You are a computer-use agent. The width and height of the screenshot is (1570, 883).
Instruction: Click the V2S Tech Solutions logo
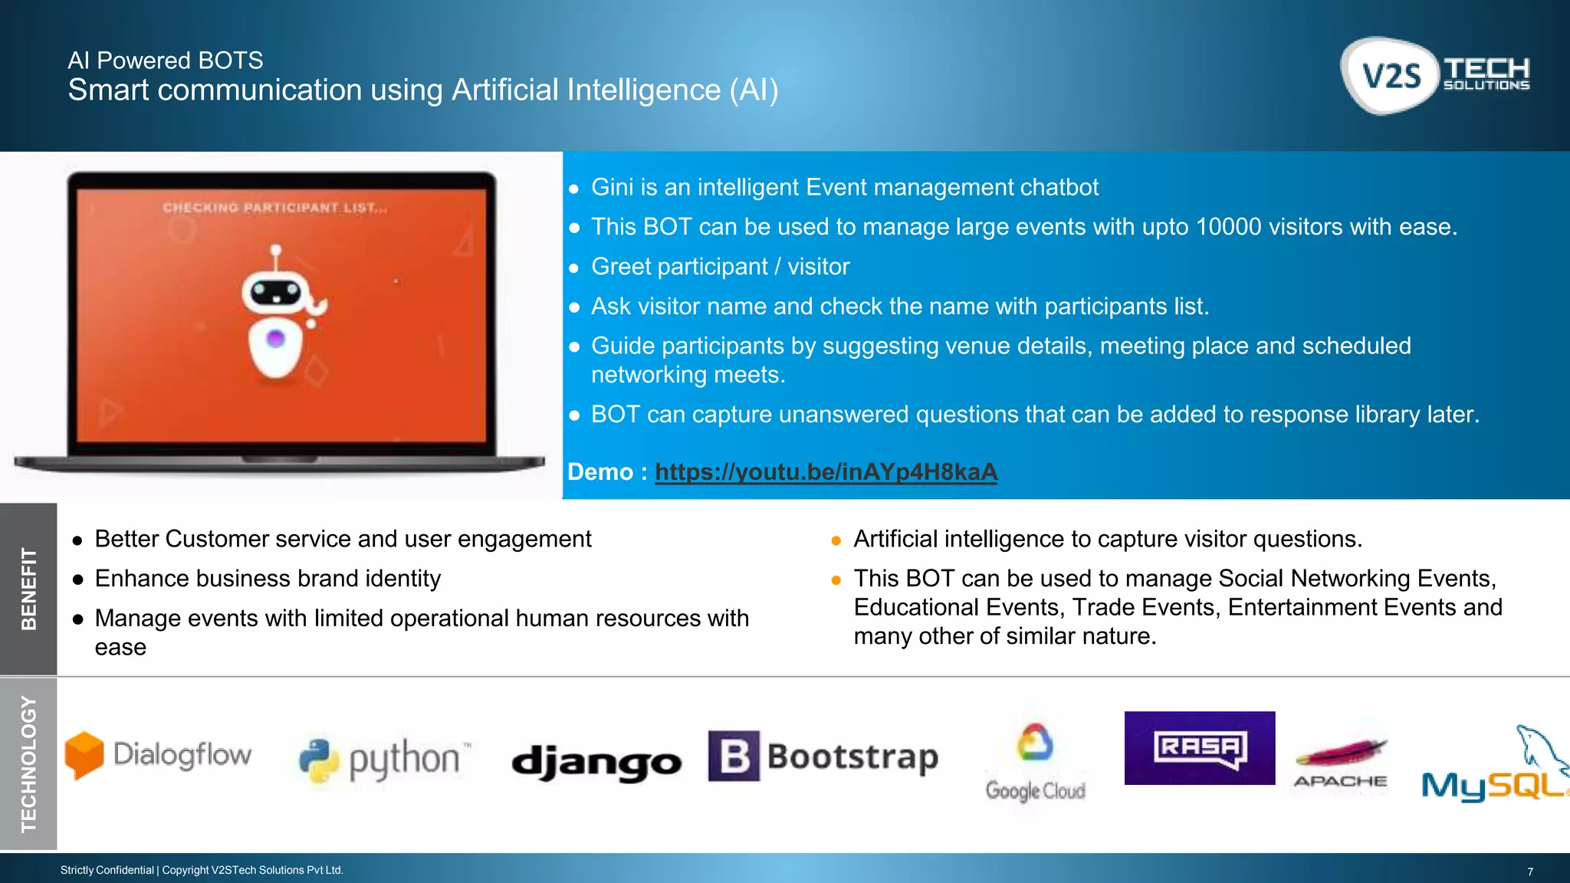pyautogui.click(x=1435, y=75)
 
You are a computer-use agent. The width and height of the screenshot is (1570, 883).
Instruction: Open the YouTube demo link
pyautogui.click(x=826, y=472)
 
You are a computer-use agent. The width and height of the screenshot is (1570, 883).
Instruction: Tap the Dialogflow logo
pyautogui.click(x=159, y=755)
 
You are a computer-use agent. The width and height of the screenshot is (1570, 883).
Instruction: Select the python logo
pyautogui.click(x=383, y=760)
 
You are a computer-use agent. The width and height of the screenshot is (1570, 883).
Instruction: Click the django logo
pyautogui.click(x=596, y=762)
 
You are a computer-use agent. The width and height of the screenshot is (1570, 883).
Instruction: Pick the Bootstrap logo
pyautogui.click(x=823, y=757)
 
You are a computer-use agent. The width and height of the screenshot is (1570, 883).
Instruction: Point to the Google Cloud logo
pyautogui.click(x=1035, y=763)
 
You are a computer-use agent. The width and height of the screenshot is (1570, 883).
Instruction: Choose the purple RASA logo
pyautogui.click(x=1199, y=747)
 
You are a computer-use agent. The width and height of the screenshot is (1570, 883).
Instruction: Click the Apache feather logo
pyautogui.click(x=1341, y=763)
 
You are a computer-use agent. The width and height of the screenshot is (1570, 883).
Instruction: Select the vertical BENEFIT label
pyautogui.click(x=28, y=589)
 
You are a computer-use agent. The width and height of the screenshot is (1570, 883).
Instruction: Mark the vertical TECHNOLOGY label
pyautogui.click(x=28, y=763)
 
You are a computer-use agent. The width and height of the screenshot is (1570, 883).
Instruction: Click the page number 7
pyautogui.click(x=1530, y=872)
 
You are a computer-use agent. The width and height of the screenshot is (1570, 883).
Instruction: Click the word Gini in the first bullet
pyautogui.click(x=612, y=187)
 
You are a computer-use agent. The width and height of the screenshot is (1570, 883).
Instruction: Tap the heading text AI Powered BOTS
pyautogui.click(x=165, y=61)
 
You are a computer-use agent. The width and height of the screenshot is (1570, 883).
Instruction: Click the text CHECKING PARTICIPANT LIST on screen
pyautogui.click(x=274, y=208)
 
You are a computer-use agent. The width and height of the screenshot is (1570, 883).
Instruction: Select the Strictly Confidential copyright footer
pyautogui.click(x=202, y=870)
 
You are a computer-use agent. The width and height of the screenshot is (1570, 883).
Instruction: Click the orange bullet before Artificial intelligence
pyautogui.click(x=836, y=541)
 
